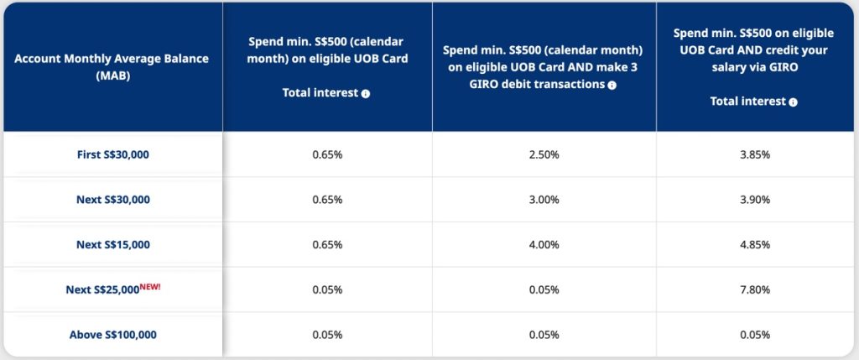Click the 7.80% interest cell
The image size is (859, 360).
point(754,290)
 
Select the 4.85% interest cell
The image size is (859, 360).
point(754,244)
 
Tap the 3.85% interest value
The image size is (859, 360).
point(754,154)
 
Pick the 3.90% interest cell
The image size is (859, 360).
point(754,200)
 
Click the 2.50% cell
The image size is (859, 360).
point(544,154)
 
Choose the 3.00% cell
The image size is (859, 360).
point(544,200)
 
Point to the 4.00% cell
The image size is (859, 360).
point(544,244)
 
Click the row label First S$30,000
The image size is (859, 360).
point(113,154)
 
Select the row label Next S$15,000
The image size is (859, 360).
point(113,244)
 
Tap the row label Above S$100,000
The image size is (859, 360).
point(113,334)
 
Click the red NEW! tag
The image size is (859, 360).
point(150,286)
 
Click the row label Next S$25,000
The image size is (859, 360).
point(102,290)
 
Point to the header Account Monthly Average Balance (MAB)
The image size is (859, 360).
point(112,67)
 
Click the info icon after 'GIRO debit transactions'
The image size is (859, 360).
point(612,85)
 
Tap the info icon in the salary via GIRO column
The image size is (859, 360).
point(793,102)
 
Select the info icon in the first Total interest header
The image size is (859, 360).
point(366,94)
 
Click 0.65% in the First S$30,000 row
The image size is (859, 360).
point(327,154)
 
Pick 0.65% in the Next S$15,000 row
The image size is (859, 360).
point(327,244)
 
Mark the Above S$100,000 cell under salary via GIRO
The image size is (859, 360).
point(754,334)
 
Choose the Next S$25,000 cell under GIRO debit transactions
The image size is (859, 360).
point(544,290)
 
